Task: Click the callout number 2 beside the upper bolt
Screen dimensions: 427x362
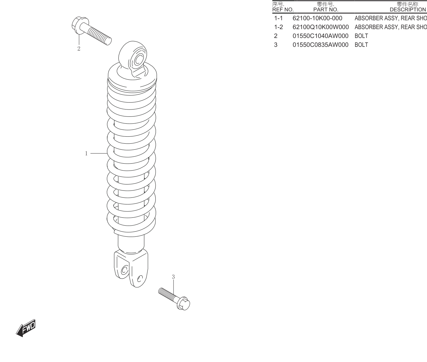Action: [79, 48]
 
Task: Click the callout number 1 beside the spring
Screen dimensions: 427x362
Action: [86, 153]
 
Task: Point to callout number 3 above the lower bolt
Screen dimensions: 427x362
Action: [173, 277]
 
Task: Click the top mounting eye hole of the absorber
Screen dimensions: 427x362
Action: [139, 60]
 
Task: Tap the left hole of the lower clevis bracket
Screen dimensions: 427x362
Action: [124, 270]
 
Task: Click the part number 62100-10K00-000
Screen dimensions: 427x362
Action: [317, 18]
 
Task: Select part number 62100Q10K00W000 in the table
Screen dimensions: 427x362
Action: [321, 27]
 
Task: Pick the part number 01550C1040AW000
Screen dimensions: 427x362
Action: [320, 36]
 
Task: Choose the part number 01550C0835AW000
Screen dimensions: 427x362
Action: [320, 45]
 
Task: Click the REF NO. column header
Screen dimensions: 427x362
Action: [283, 9]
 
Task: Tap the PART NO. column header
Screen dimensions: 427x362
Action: [326, 9]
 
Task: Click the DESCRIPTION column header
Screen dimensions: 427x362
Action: [408, 9]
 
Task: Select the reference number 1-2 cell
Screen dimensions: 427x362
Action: [279, 27]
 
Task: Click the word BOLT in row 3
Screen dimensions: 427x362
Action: [361, 45]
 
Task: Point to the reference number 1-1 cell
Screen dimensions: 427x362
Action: [278, 18]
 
